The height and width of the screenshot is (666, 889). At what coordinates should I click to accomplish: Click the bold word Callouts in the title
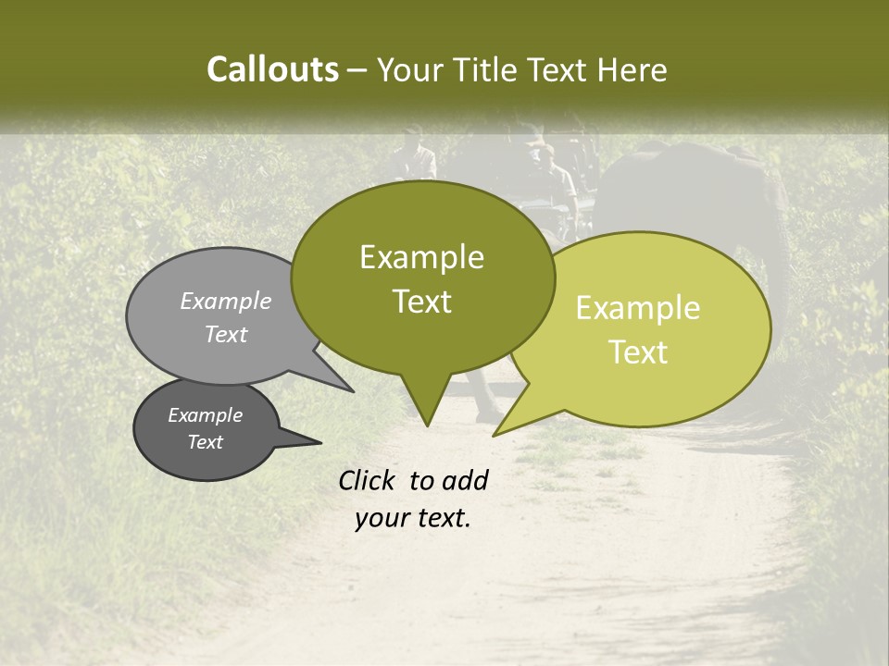pos(272,69)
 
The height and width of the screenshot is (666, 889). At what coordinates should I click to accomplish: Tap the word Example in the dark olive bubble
pos(421,257)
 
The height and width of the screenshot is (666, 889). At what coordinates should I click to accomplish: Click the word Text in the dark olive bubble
pos(421,302)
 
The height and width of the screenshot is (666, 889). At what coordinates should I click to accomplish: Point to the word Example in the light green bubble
pos(638,308)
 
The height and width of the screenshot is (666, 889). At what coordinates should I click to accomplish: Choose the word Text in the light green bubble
pos(638,352)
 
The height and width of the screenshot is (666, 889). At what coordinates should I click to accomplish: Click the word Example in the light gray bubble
pos(226,301)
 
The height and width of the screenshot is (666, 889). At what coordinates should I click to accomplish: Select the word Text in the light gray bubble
pos(226,334)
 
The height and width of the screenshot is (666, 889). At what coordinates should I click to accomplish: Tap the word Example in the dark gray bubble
pos(205,415)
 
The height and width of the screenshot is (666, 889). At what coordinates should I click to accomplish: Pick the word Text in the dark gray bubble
pos(205,442)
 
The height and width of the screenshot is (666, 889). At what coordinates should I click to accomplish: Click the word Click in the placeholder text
pos(368,480)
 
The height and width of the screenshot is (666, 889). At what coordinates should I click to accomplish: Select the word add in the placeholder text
pos(465,480)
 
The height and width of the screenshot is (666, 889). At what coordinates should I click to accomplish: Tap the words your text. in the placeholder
pos(413,518)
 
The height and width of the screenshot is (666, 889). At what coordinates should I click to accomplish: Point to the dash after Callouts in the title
pos(357,70)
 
